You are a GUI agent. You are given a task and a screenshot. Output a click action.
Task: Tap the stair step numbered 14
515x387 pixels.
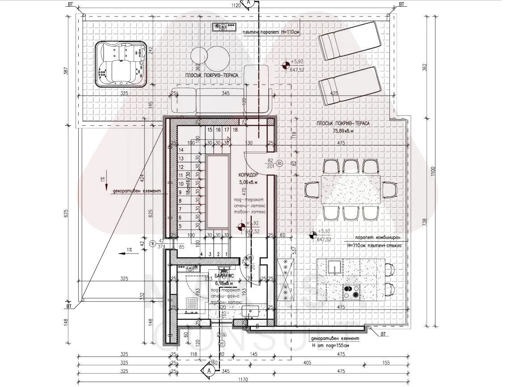(x=182, y=150)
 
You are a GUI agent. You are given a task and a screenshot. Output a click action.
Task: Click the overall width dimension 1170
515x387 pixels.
(x=243, y=380)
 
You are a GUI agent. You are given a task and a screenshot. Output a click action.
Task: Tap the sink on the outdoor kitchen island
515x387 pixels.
(x=333, y=267)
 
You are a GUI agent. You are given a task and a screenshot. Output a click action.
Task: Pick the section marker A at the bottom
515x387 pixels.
(x=208, y=370)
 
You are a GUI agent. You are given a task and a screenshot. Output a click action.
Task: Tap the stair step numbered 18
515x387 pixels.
(x=235, y=130)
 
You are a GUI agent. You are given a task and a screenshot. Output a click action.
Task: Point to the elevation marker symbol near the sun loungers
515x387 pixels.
(x=285, y=66)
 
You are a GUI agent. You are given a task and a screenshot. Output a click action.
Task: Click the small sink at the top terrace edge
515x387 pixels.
(x=224, y=27)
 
